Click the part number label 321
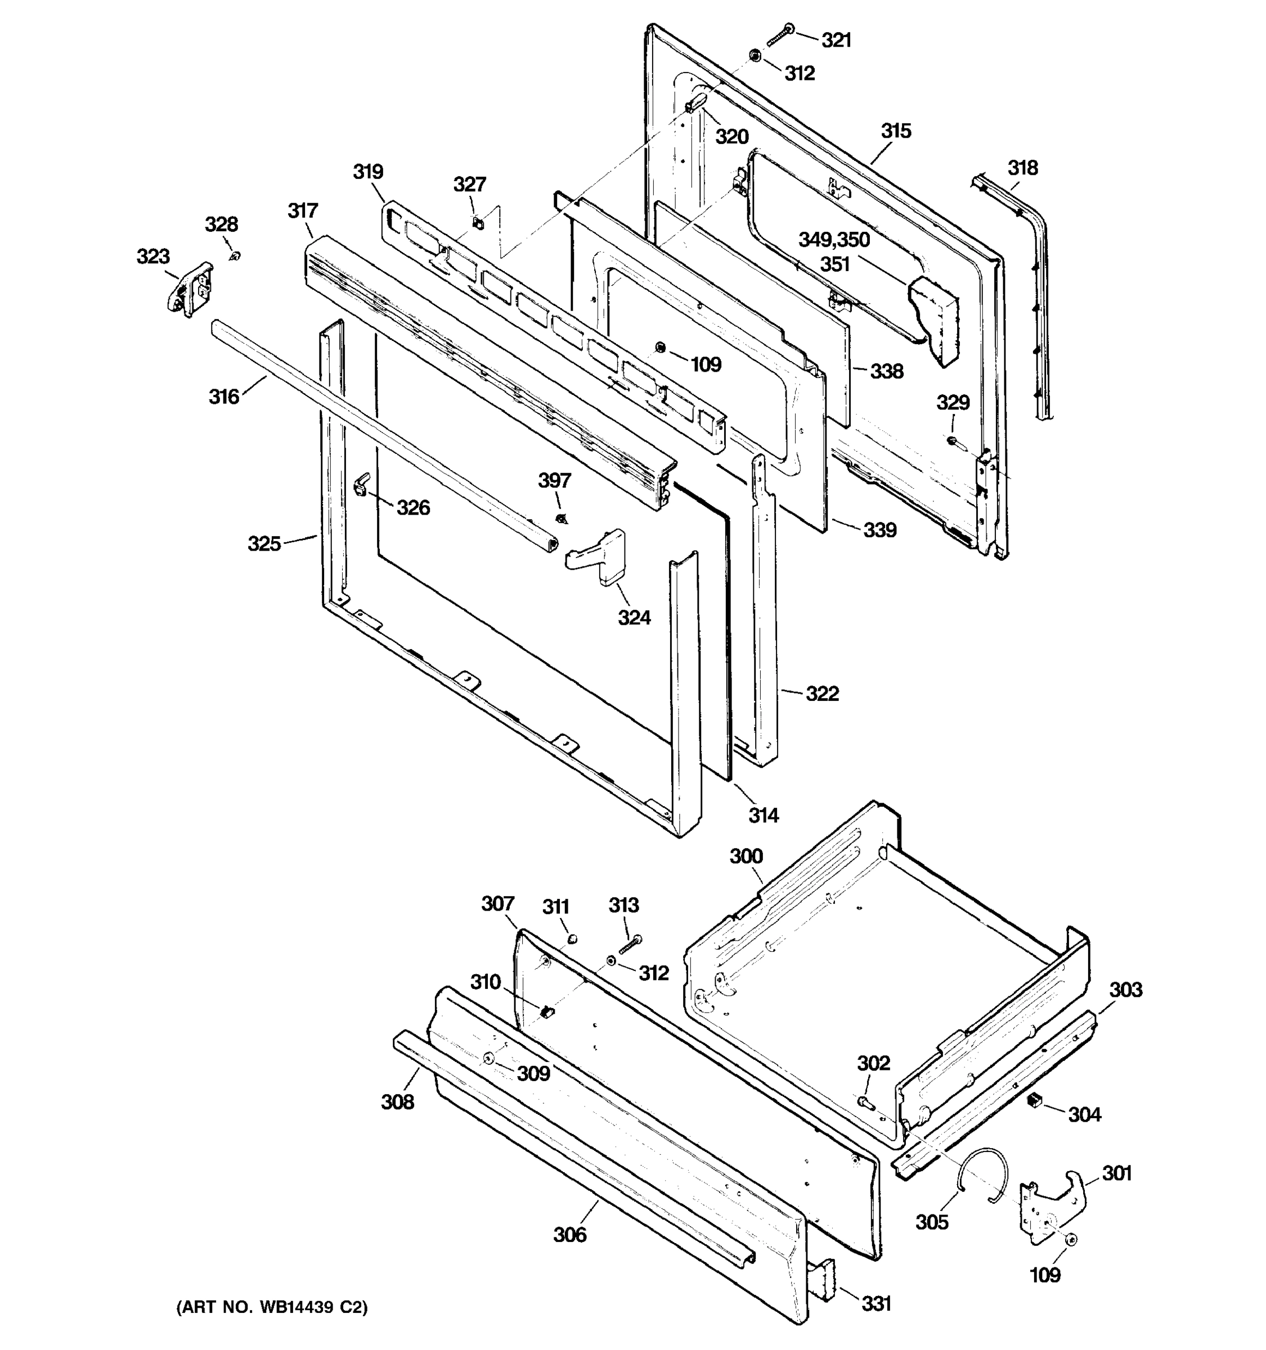coord(836,40)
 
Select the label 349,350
coord(833,239)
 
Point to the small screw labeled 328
coord(235,256)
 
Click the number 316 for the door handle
coord(224,396)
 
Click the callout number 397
coord(554,480)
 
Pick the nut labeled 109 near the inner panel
coord(659,348)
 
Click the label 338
coord(886,371)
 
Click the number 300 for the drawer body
coord(746,856)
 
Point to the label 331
coord(876,1303)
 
